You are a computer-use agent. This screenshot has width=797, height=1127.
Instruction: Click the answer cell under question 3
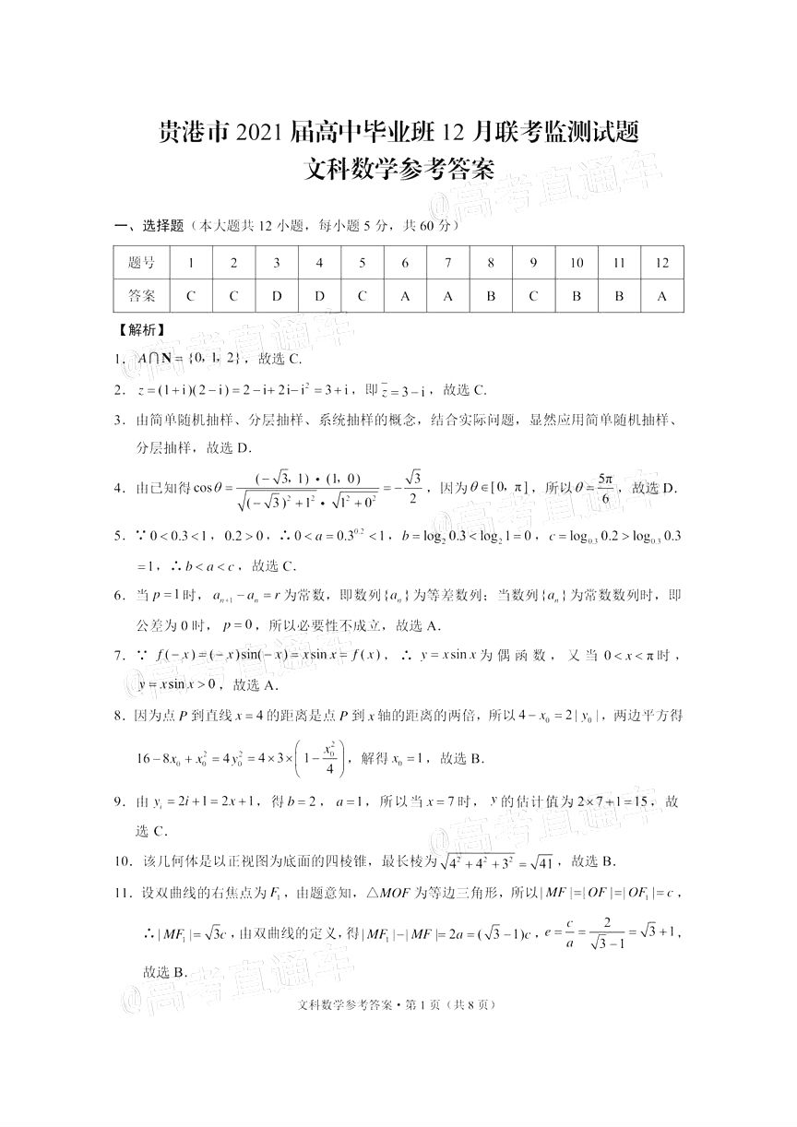(x=277, y=297)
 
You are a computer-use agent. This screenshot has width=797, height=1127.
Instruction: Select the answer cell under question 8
(x=491, y=297)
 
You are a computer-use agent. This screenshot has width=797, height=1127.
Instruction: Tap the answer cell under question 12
(x=661, y=297)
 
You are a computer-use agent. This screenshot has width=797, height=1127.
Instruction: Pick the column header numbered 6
(x=405, y=263)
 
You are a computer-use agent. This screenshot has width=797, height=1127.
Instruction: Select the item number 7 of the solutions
(x=119, y=656)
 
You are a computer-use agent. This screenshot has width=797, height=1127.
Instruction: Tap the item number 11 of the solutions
(x=123, y=893)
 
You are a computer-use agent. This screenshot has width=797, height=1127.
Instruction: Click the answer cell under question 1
(x=191, y=297)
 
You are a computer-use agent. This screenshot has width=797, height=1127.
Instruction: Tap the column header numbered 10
(x=577, y=263)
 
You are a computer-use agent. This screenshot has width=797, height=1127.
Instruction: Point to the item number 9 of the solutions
(x=119, y=801)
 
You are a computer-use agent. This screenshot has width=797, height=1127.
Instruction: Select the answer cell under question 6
(x=405, y=297)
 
